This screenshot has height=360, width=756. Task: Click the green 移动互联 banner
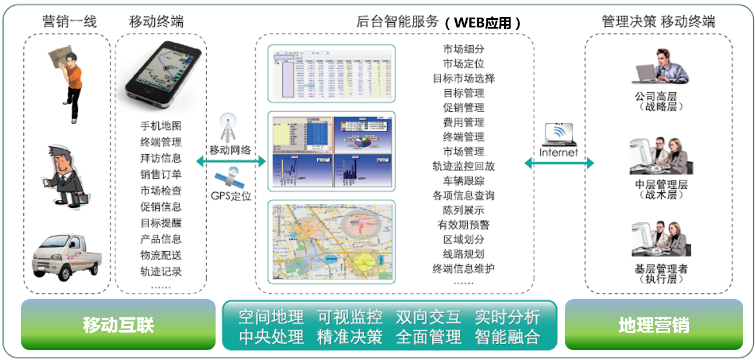coord(118,325)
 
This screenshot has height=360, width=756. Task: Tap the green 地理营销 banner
coord(653,325)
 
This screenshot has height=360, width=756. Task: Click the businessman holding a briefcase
coord(65,175)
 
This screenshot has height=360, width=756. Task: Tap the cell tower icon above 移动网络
coord(229,127)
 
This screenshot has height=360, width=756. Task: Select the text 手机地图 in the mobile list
coord(161,126)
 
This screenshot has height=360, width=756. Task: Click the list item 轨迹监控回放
coord(463,166)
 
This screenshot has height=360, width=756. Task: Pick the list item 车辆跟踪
coord(463,181)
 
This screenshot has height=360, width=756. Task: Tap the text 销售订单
coord(161,174)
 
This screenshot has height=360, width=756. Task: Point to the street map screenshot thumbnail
coord(331,242)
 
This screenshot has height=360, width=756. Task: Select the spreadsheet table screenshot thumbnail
coord(331,72)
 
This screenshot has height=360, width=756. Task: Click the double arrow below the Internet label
coord(559,163)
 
